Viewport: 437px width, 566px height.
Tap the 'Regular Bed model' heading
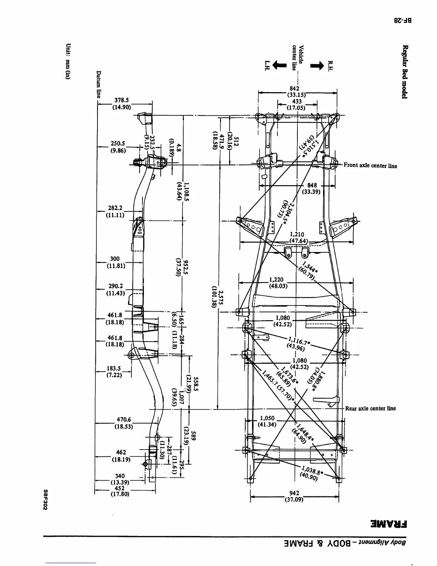(405, 71)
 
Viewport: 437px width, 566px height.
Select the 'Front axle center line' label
(370, 165)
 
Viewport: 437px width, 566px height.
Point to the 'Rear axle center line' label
(370, 408)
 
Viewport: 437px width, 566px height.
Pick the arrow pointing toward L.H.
(280, 65)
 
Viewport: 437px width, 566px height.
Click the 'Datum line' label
(99, 84)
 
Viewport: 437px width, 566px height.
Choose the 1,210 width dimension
(297, 234)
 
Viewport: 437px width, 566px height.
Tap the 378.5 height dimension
(122, 100)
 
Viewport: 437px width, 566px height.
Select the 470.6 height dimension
(124, 420)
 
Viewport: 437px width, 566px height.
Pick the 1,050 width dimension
(267, 418)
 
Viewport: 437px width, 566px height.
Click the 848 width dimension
(312, 185)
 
